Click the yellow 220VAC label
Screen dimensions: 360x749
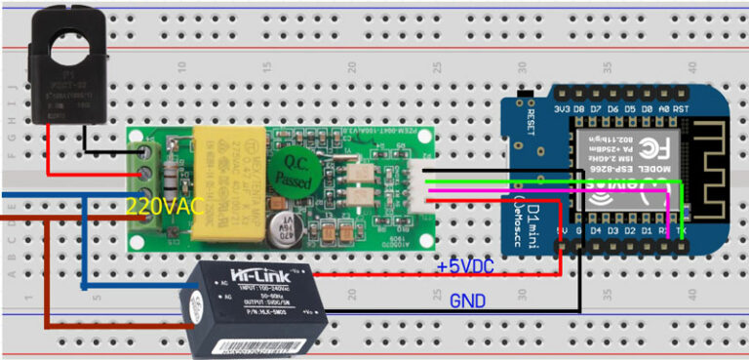[165, 206]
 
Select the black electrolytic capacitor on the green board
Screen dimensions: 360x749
[286, 228]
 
